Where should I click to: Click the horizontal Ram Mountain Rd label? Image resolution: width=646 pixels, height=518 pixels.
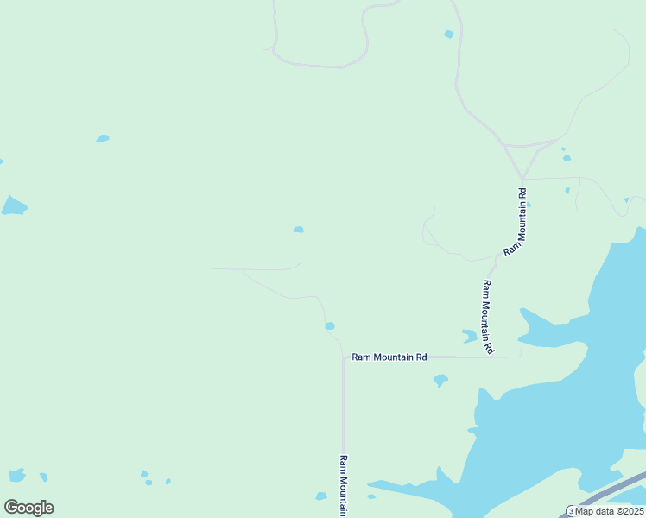389,357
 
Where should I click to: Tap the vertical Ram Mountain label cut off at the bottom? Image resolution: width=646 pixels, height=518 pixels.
343,485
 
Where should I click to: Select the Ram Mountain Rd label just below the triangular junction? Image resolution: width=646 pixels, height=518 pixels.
515,219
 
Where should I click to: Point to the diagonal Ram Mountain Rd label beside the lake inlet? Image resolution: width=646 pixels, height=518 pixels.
488,317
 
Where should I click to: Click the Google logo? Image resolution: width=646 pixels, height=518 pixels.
28,508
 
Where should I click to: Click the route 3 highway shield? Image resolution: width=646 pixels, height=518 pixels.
571,510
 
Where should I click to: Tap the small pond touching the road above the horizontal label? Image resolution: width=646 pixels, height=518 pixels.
330,325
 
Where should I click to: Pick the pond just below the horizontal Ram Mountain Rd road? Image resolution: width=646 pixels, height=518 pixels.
440,379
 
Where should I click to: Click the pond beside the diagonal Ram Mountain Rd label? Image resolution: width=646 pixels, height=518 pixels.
469,335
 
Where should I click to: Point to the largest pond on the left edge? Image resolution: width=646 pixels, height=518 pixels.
13,205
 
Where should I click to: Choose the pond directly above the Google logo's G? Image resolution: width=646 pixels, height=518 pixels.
16,475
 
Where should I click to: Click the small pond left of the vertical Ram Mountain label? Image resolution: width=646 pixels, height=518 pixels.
321,496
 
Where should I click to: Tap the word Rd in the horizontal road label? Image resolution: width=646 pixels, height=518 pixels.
421,357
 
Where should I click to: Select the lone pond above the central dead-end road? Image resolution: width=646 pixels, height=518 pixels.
298,229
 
